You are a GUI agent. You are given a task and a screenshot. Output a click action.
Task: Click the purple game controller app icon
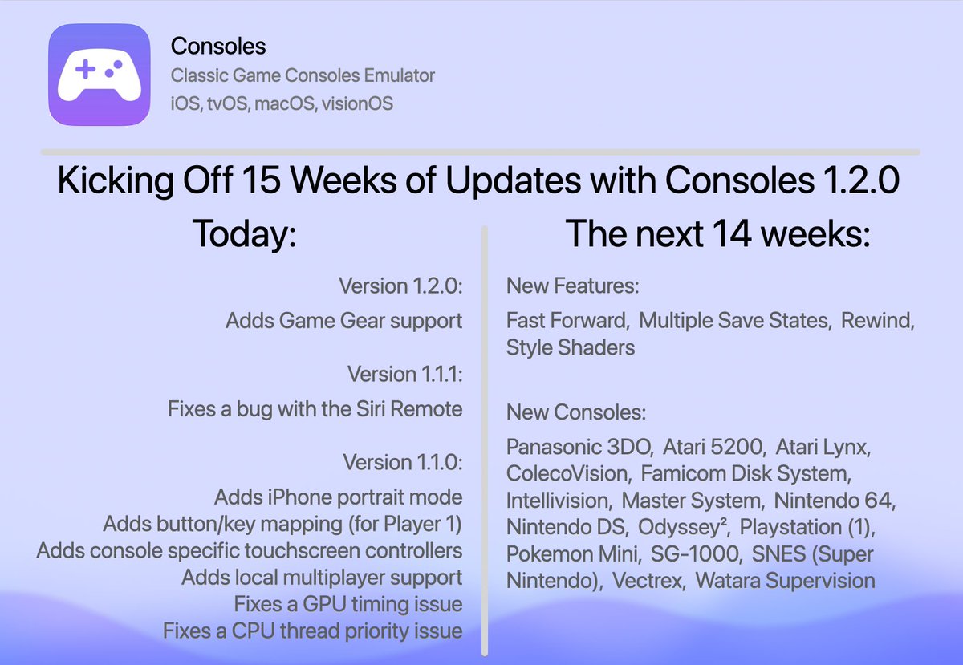(x=99, y=74)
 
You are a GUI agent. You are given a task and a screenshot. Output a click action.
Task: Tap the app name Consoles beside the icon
(x=218, y=47)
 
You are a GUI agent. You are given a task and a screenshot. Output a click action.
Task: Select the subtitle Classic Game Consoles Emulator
(x=303, y=76)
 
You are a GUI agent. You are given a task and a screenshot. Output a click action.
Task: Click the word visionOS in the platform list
(x=358, y=103)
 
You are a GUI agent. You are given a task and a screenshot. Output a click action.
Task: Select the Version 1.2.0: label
(x=400, y=286)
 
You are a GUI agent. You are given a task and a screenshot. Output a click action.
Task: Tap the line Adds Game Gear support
(x=343, y=321)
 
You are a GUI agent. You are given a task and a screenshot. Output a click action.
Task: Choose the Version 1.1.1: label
(x=404, y=374)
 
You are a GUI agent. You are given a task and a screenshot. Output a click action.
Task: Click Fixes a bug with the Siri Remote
(x=315, y=409)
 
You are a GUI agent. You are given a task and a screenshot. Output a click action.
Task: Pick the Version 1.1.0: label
(x=402, y=463)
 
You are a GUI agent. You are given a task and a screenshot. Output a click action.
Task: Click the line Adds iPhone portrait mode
(x=338, y=497)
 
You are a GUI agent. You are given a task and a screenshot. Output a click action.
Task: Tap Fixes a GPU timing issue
(x=347, y=604)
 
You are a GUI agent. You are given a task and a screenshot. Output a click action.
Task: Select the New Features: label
(x=572, y=286)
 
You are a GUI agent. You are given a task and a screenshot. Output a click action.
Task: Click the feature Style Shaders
(x=570, y=347)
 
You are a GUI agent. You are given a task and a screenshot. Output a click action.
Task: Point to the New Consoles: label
(x=575, y=412)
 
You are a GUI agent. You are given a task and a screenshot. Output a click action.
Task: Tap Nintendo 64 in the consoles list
(x=835, y=501)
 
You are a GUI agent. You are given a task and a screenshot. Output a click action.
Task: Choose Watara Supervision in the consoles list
(x=785, y=580)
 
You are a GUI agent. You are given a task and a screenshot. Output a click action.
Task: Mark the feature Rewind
(x=878, y=321)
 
